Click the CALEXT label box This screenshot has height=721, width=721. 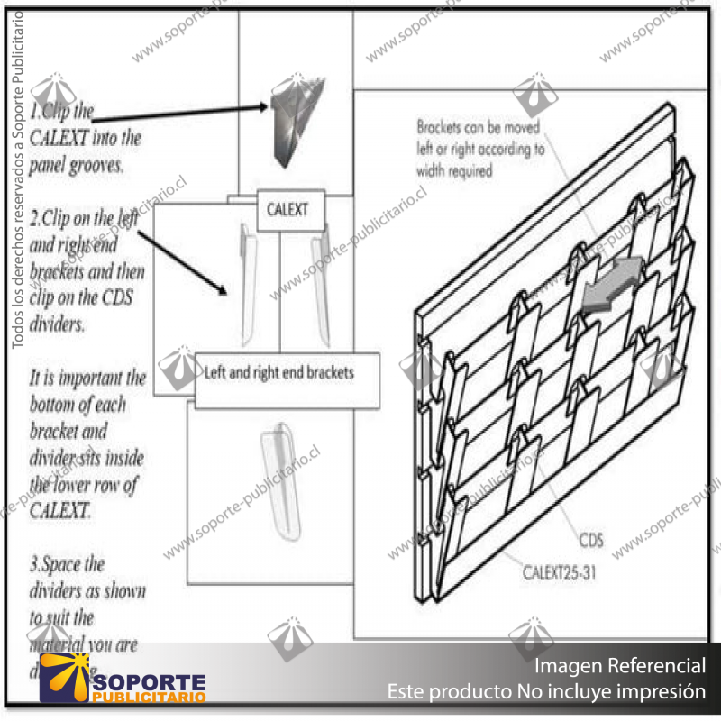tap(287, 210)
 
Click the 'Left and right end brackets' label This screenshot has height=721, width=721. tap(279, 372)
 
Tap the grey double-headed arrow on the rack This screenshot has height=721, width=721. tap(614, 284)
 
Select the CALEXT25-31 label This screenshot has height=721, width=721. tap(560, 570)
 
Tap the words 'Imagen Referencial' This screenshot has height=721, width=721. tap(620, 666)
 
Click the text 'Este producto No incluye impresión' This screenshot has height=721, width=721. tap(546, 692)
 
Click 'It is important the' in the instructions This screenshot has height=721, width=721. tap(87, 377)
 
